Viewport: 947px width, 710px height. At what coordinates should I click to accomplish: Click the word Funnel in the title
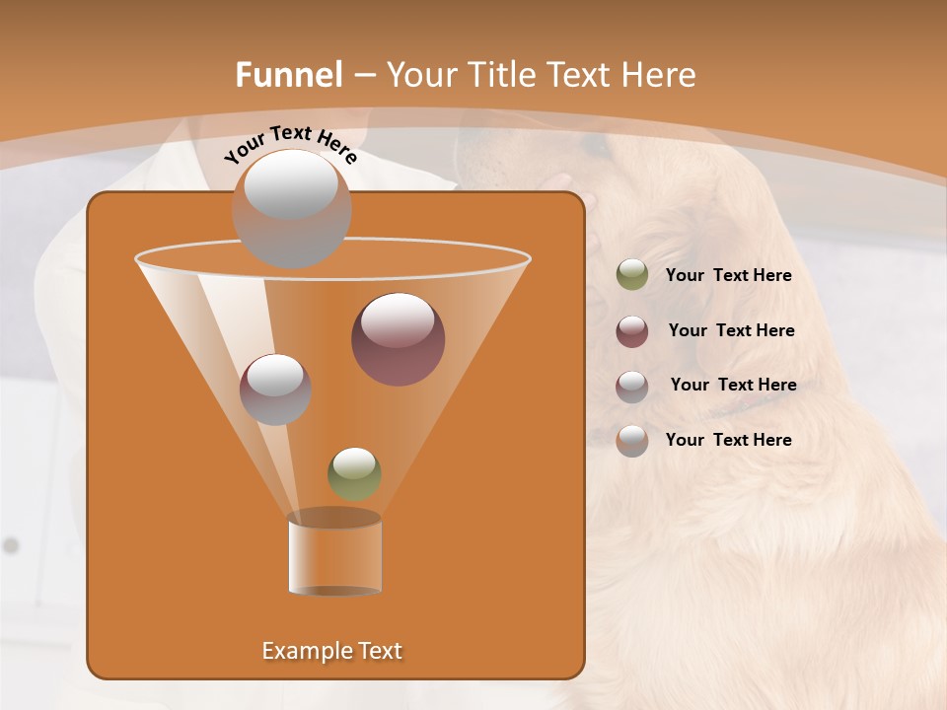pyautogui.click(x=288, y=75)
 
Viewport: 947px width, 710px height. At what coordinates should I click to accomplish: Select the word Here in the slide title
pyautogui.click(x=651, y=75)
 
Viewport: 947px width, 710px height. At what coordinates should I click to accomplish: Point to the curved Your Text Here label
pyautogui.click(x=290, y=144)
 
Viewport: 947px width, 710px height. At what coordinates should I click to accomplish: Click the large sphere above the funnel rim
pyautogui.click(x=291, y=208)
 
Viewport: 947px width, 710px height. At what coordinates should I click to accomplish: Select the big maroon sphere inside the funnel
pyautogui.click(x=398, y=339)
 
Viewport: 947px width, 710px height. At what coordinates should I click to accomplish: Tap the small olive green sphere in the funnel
pyautogui.click(x=354, y=474)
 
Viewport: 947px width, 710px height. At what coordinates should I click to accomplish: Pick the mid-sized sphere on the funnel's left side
pyautogui.click(x=275, y=389)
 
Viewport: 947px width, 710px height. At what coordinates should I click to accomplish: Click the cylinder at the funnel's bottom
pyautogui.click(x=334, y=554)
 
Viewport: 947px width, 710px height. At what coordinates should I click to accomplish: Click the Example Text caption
pyautogui.click(x=332, y=651)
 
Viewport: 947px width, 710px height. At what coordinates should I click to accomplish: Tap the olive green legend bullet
pyautogui.click(x=632, y=275)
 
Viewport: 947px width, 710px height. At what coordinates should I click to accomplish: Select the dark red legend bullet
pyautogui.click(x=632, y=331)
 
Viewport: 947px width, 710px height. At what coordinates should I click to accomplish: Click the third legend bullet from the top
pyautogui.click(x=632, y=387)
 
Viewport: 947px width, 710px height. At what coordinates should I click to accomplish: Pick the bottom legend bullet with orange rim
pyautogui.click(x=632, y=441)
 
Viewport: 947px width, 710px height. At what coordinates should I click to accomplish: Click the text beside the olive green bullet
pyautogui.click(x=728, y=276)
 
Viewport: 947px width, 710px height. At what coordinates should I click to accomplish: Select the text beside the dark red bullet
pyautogui.click(x=731, y=331)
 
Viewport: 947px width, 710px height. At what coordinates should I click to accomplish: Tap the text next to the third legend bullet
pyautogui.click(x=733, y=386)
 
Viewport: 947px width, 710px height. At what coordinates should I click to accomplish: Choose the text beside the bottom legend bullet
pyautogui.click(x=728, y=440)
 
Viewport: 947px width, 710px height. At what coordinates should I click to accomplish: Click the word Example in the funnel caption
pyautogui.click(x=305, y=651)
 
